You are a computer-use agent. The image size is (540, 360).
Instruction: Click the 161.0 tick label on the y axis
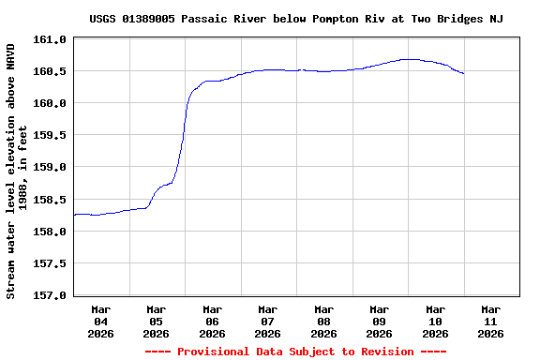click(50, 40)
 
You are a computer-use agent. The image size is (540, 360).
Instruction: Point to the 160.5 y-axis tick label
click(50, 72)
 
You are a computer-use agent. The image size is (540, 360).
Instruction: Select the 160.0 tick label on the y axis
click(50, 104)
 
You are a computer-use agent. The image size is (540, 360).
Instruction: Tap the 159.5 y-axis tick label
click(50, 136)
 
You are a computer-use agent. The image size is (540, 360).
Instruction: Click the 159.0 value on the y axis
click(50, 168)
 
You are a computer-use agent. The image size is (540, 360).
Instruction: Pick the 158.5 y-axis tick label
click(50, 200)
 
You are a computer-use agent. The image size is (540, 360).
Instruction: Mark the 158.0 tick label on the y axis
click(50, 232)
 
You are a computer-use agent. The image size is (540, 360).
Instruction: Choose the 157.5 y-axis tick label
click(50, 263)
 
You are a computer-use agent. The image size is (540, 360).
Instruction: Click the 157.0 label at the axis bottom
click(50, 295)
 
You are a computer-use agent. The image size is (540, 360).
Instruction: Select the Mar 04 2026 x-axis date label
click(100, 321)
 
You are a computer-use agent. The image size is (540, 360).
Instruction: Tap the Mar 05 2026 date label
click(157, 321)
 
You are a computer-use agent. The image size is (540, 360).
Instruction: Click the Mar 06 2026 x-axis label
click(212, 321)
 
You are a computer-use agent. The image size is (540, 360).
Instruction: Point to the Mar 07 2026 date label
click(268, 321)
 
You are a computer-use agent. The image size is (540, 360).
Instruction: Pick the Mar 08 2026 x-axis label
click(323, 321)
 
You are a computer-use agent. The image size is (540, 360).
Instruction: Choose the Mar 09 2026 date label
click(380, 321)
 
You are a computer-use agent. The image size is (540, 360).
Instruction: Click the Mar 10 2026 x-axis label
click(435, 321)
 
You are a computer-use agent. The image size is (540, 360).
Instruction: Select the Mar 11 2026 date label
click(491, 321)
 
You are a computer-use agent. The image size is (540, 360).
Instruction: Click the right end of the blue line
click(463, 73)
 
